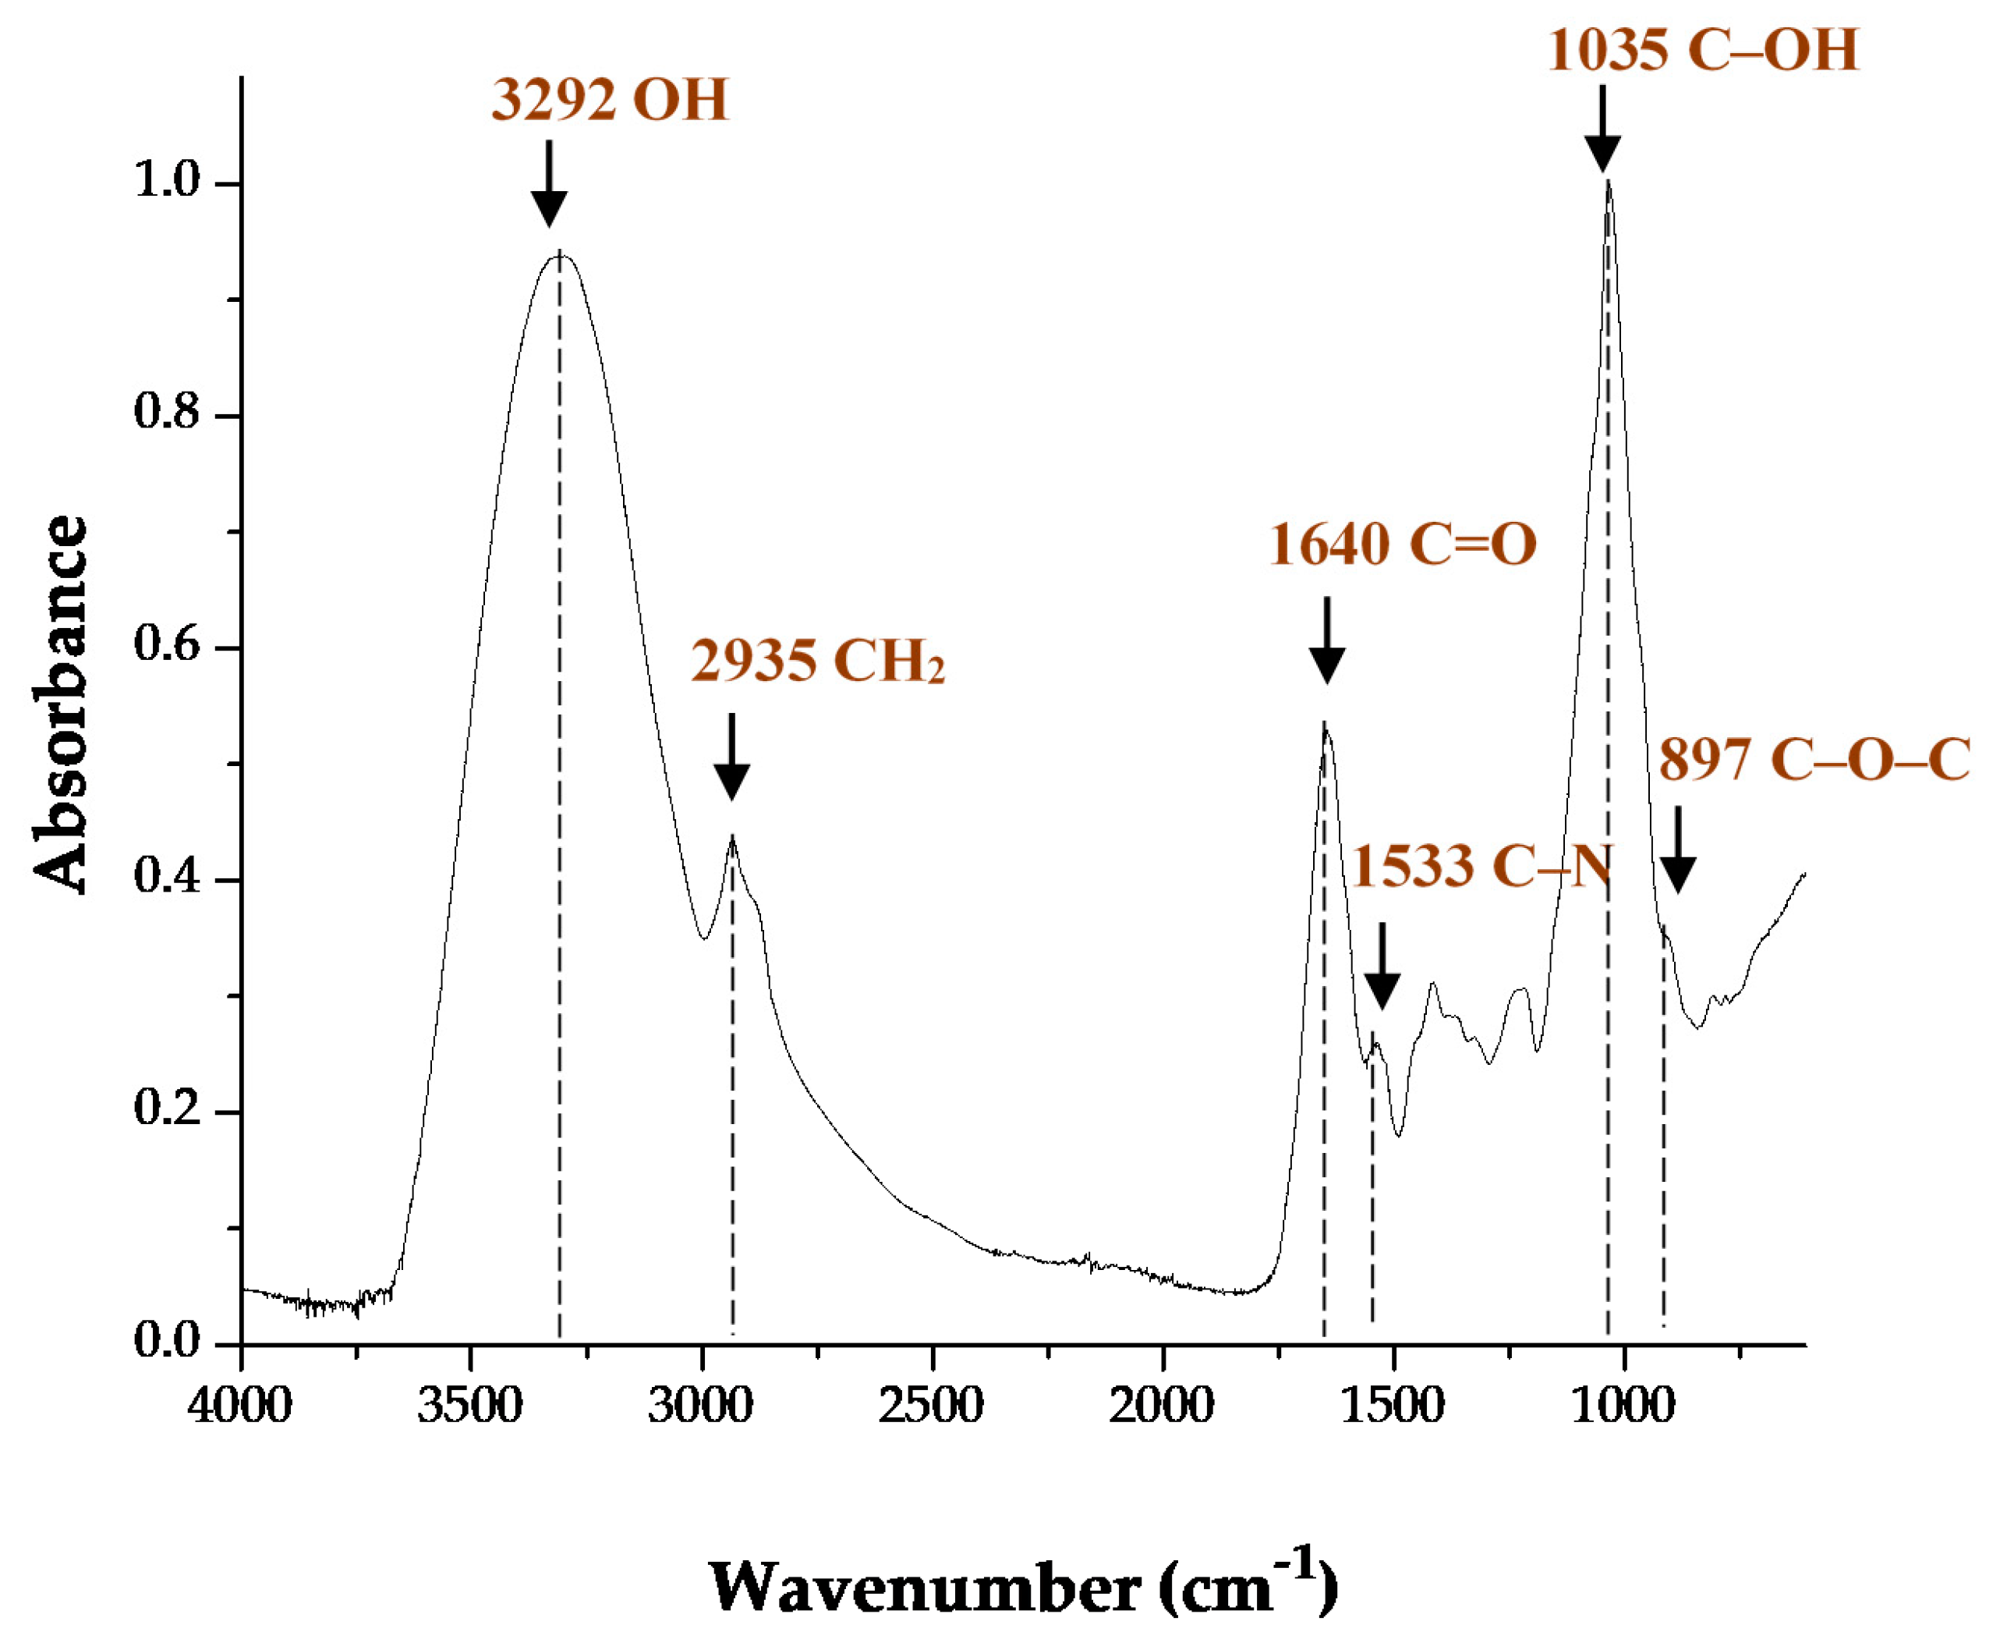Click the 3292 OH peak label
point(610,101)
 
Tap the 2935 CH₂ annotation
point(818,661)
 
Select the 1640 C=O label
point(1402,545)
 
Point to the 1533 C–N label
point(1481,867)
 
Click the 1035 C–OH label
point(1702,50)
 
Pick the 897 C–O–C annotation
point(1814,760)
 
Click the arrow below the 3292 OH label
point(549,184)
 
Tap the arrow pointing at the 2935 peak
point(731,757)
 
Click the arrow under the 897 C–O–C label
point(1678,850)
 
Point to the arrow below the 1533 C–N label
point(1382,967)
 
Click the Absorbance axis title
point(61,704)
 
